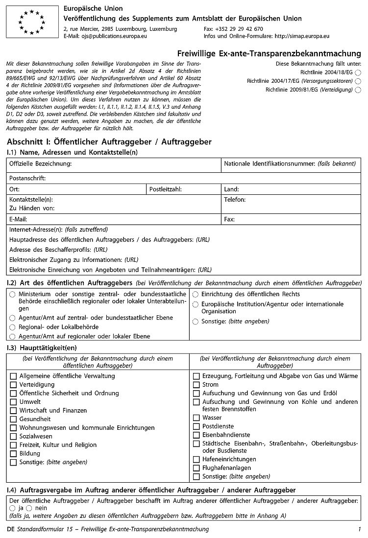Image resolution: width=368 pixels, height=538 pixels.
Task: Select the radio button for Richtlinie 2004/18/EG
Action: point(358,72)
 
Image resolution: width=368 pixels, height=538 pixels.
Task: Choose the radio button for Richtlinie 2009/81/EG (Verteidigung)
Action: point(358,90)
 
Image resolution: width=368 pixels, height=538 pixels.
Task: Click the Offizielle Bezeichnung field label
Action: point(41,163)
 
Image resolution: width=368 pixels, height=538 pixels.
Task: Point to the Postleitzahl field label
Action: point(166,189)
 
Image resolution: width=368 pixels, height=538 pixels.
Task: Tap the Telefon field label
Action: point(235,200)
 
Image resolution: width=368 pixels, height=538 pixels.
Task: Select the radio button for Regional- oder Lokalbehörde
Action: point(12,327)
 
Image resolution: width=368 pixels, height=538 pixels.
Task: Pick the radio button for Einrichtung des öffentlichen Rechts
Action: point(195,294)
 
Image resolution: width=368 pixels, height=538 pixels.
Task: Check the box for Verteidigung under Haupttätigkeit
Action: point(13,385)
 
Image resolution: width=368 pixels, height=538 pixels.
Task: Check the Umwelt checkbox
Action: point(13,402)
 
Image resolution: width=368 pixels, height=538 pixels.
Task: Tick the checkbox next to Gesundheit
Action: point(13,419)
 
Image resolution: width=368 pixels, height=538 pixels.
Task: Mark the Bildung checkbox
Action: point(13,454)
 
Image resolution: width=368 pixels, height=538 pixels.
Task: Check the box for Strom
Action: point(196,385)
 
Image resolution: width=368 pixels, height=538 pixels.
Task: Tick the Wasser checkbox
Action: point(196,418)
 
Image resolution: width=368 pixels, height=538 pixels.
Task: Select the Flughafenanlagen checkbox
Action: point(196,468)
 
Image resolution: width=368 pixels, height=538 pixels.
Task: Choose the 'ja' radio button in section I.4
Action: point(12,509)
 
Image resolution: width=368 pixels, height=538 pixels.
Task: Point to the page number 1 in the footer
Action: point(359,529)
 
